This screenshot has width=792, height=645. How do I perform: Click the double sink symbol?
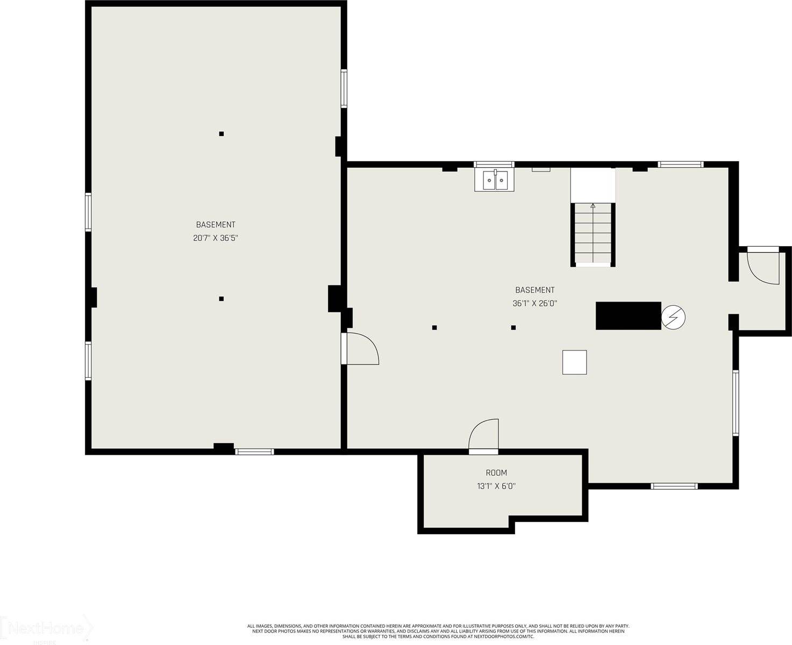[495, 180]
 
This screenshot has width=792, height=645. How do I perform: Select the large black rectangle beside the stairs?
[628, 316]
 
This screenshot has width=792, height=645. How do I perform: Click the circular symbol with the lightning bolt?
[673, 317]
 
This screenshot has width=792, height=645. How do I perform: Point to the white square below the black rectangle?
[574, 362]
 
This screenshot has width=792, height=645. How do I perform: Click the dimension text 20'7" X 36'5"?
[215, 238]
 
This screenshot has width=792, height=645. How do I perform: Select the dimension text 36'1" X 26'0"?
[534, 303]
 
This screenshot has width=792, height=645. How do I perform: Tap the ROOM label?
[496, 473]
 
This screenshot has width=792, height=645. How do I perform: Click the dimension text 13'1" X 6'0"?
[496, 486]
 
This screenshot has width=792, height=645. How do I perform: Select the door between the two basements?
[360, 349]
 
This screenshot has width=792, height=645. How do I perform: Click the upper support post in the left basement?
[222, 134]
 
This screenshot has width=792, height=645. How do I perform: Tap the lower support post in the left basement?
[222, 299]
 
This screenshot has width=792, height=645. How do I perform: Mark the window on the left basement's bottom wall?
[255, 451]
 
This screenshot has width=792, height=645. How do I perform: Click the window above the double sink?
[494, 164]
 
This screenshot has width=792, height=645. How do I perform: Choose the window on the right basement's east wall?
[735, 402]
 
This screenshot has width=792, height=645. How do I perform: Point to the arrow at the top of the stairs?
[593, 205]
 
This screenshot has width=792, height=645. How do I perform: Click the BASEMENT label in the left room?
[215, 225]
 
